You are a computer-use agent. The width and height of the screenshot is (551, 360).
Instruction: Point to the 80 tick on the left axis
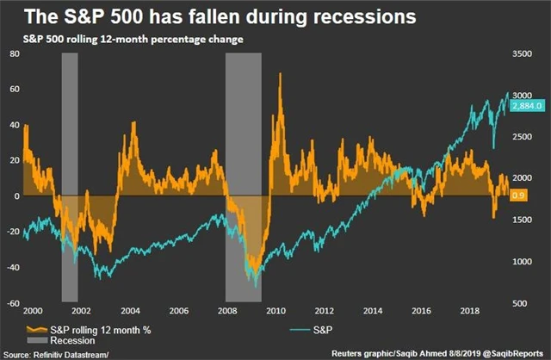tap(13, 53)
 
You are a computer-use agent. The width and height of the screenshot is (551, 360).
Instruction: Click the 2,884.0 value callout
tap(525, 105)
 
